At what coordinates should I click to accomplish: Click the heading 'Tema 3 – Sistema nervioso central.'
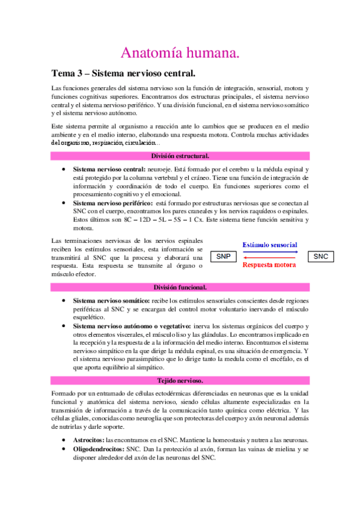point(123,74)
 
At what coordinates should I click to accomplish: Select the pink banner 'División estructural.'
point(180,156)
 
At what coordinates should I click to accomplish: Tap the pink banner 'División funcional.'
point(180,287)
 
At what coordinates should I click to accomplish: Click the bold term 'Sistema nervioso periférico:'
point(112,203)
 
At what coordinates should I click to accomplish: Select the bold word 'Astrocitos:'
point(88,440)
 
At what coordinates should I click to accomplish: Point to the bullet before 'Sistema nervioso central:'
point(63,170)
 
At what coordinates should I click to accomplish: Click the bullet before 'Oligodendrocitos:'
point(63,449)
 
